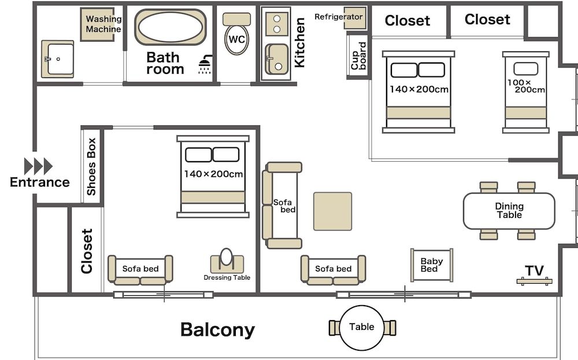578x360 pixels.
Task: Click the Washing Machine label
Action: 103,24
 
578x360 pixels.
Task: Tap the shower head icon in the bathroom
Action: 205,65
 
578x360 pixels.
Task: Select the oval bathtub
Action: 171,27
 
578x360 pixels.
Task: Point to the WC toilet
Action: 237,39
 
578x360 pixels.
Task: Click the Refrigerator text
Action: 338,17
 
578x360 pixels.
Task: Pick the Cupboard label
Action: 358,56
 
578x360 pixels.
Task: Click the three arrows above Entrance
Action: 39,166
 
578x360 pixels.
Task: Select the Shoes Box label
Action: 91,166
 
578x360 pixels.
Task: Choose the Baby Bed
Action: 431,265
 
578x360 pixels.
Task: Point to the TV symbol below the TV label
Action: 534,281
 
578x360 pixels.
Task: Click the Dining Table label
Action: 509,210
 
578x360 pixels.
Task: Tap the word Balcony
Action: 217,329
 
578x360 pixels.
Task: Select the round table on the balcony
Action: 362,327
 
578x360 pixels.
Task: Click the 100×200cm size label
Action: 526,86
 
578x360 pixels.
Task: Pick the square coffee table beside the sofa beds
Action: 333,211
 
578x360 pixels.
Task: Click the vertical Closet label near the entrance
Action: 87,251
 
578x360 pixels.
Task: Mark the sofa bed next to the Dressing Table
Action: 140,270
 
